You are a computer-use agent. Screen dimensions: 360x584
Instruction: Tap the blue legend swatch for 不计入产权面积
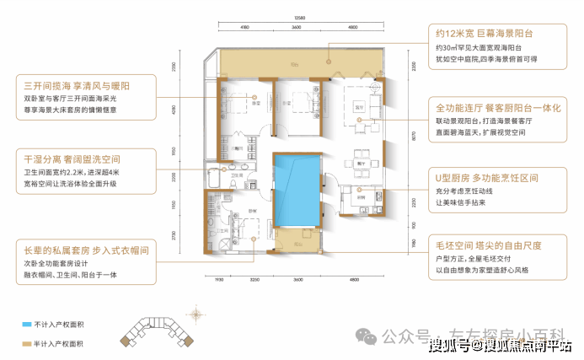(x=28, y=322)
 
